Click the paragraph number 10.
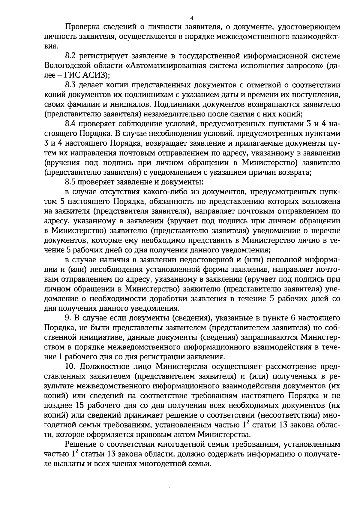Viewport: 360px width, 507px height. (x=71, y=367)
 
